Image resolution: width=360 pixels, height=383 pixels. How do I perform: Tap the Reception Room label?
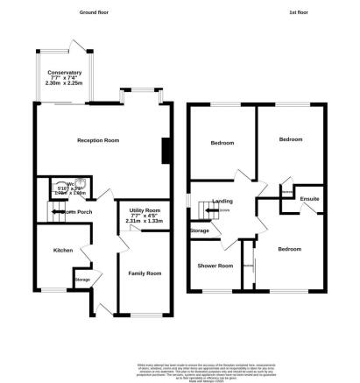[x=98, y=140]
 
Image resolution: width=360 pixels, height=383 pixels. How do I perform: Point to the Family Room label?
[x=141, y=273]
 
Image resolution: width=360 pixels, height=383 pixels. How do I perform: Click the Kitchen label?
[x=63, y=250]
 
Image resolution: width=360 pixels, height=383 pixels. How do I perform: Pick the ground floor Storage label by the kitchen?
[x=81, y=280]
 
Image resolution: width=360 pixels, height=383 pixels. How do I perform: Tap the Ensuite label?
[x=309, y=201]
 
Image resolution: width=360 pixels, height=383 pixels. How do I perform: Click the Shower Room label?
[x=215, y=266]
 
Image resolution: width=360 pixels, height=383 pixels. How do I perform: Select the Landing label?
[x=222, y=202]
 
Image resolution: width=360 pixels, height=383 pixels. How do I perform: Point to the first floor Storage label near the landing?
[x=200, y=231]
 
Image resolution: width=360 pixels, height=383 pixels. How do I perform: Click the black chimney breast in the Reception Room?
[x=163, y=154]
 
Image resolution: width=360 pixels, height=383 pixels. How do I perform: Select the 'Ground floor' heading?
[x=97, y=13]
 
